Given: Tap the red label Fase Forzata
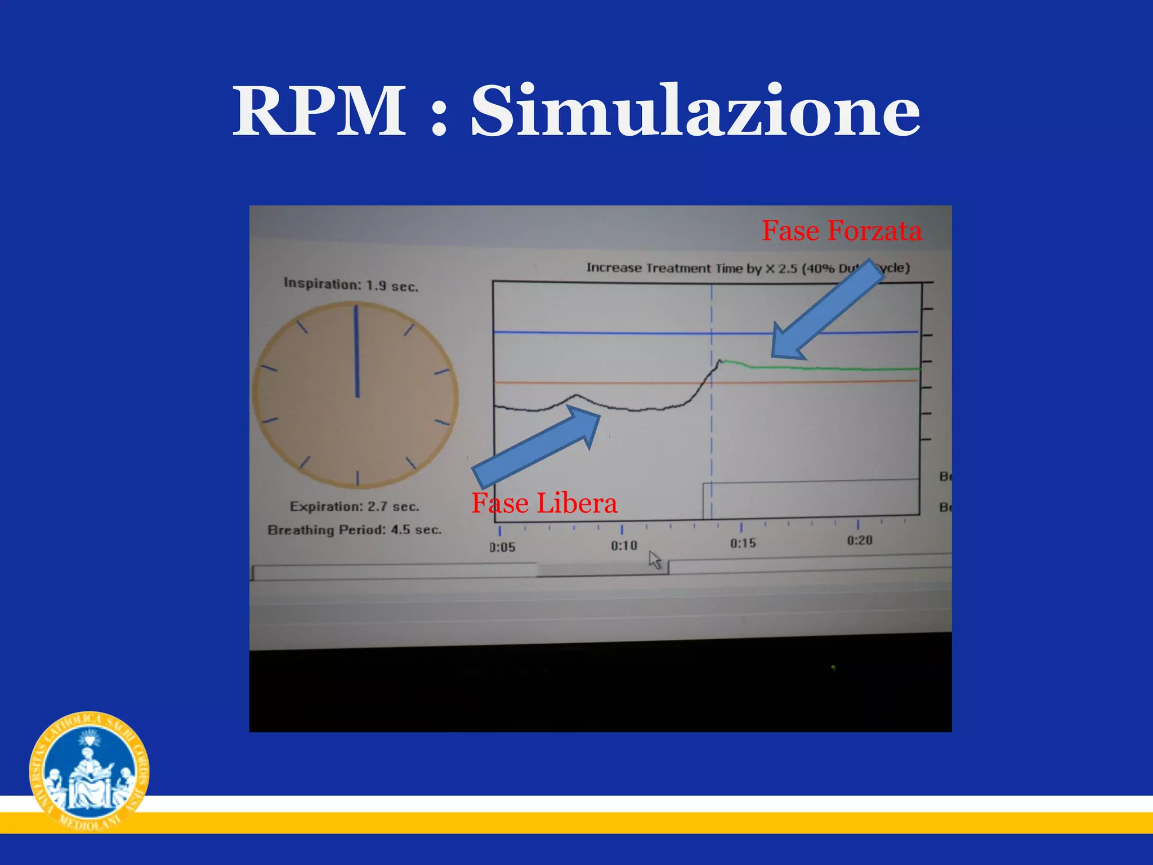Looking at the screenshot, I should click(x=841, y=231).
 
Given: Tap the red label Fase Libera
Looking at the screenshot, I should click(x=544, y=503).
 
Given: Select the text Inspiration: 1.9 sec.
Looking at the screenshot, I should click(x=351, y=284).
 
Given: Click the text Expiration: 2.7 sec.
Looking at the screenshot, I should click(x=355, y=506).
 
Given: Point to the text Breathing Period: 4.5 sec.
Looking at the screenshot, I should click(x=355, y=530).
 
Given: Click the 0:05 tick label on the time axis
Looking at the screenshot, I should click(x=502, y=547).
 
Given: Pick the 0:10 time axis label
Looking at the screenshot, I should click(x=624, y=545).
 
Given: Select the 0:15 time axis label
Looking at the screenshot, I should click(x=743, y=543).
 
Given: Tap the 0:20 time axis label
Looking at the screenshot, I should click(x=860, y=540).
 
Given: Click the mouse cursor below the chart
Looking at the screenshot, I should click(x=655, y=560).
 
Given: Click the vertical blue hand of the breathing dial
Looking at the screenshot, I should click(x=356, y=352).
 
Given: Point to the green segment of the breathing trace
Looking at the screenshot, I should click(x=816, y=368).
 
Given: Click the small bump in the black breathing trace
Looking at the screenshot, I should click(x=575, y=396).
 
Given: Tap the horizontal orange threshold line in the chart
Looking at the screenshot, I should click(x=597, y=383).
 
